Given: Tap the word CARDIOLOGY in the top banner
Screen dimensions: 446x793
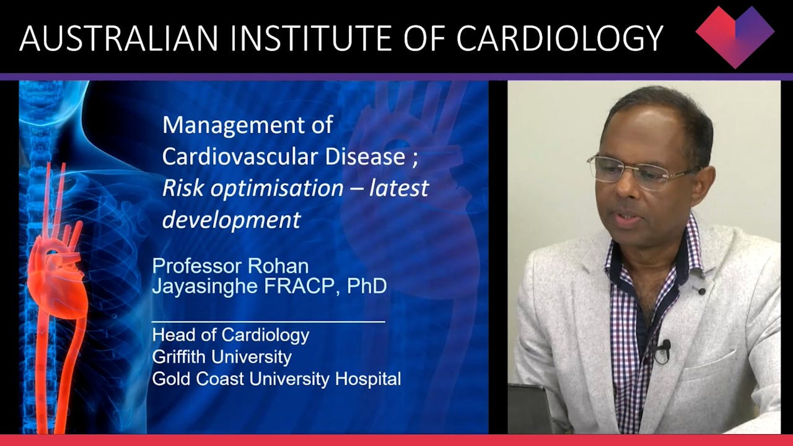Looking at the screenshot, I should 560,38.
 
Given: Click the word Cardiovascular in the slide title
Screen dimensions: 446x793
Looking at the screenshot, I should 240,157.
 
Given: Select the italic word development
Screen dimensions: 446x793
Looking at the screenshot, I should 231,220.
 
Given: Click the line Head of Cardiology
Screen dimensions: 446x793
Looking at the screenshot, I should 230,335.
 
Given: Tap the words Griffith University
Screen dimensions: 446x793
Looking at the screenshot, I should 221,357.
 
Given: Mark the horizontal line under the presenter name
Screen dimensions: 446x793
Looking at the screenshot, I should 268,321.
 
